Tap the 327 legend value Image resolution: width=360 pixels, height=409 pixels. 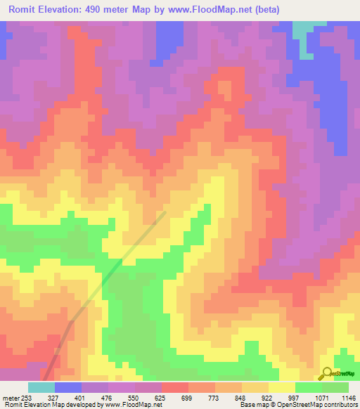[55, 397]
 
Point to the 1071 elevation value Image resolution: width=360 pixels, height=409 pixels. [321, 397]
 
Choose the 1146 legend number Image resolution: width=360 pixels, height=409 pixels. [348, 397]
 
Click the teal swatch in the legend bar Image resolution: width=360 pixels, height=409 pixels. [41, 387]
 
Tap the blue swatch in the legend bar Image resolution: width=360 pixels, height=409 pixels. [68, 387]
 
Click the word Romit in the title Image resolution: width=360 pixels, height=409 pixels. [30, 9]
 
